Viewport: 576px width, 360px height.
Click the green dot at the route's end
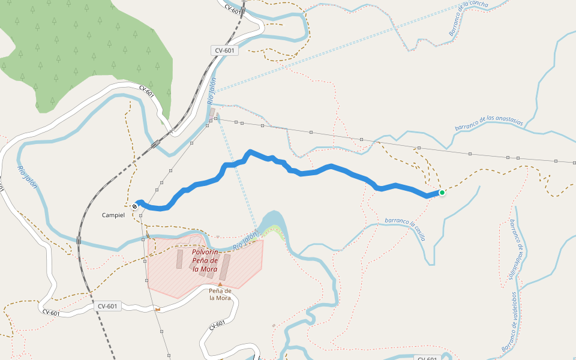pyautogui.click(x=442, y=193)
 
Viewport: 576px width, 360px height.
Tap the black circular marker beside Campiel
pyautogui.click(x=135, y=206)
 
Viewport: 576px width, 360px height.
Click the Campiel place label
pyautogui.click(x=113, y=215)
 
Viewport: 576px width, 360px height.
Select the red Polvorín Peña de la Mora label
pyautogui.click(x=205, y=260)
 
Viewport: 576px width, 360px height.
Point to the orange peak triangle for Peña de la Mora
pyautogui.click(x=220, y=284)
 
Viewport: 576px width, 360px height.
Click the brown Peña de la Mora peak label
pyautogui.click(x=220, y=294)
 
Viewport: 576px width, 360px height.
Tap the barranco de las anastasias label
pyautogui.click(x=488, y=122)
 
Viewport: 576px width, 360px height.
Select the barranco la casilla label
pyautogui.click(x=406, y=229)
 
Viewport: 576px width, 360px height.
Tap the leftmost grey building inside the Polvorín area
pyautogui.click(x=179, y=259)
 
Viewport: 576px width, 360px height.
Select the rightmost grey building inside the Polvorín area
pyautogui.click(x=224, y=267)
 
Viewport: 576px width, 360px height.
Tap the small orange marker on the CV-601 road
pyautogui.click(x=158, y=309)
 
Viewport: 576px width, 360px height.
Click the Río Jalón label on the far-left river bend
pyautogui.click(x=28, y=177)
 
